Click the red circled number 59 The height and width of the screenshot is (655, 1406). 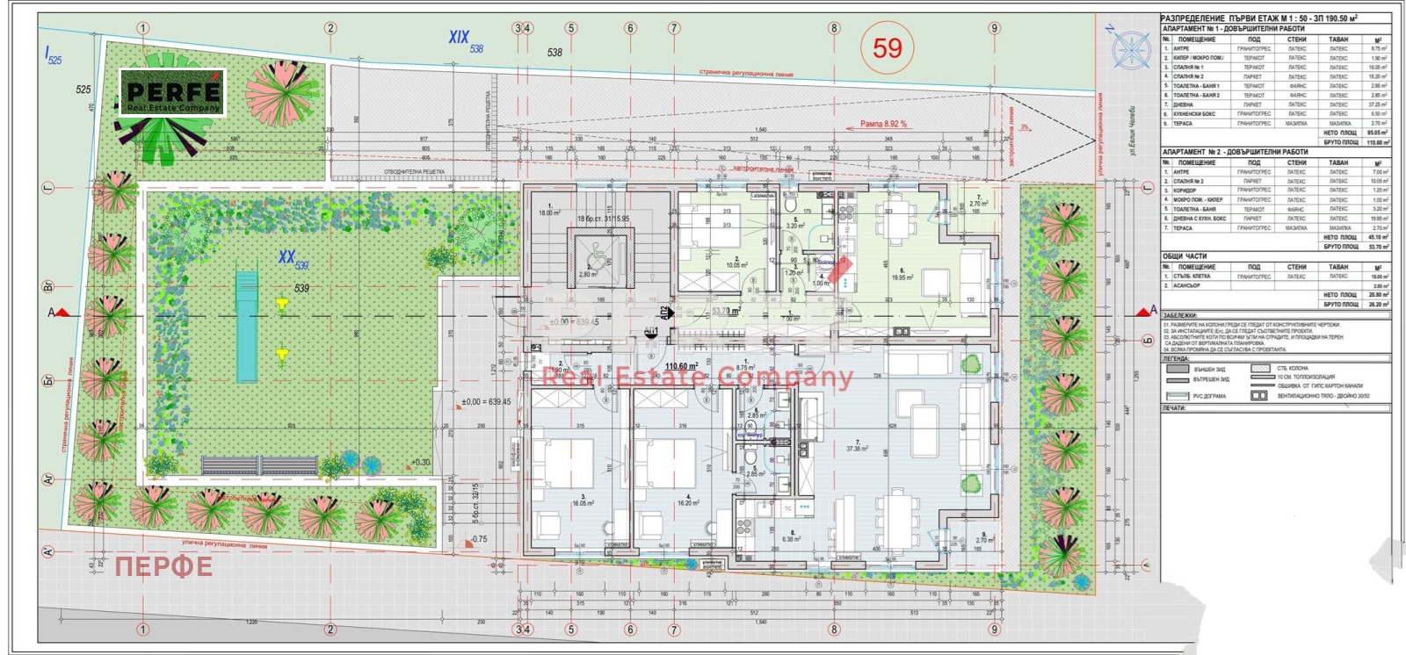[x=887, y=47]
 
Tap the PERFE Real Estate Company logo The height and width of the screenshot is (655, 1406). [x=173, y=93]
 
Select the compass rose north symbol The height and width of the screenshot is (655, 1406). [x=1130, y=48]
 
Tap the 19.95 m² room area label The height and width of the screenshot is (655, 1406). [x=902, y=277]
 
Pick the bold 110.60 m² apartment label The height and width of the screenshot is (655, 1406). [x=681, y=366]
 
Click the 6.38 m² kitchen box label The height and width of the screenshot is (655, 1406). [x=791, y=538]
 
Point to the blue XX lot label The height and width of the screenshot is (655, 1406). [x=286, y=256]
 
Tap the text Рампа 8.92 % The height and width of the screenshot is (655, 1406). [x=882, y=125]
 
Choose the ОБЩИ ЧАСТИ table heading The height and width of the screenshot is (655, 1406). [x=1184, y=257]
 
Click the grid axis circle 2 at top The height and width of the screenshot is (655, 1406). [x=330, y=28]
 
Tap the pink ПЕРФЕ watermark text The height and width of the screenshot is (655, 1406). [x=163, y=566]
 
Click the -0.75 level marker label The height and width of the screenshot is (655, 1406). [x=479, y=539]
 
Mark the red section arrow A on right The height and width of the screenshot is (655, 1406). [x=1146, y=312]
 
